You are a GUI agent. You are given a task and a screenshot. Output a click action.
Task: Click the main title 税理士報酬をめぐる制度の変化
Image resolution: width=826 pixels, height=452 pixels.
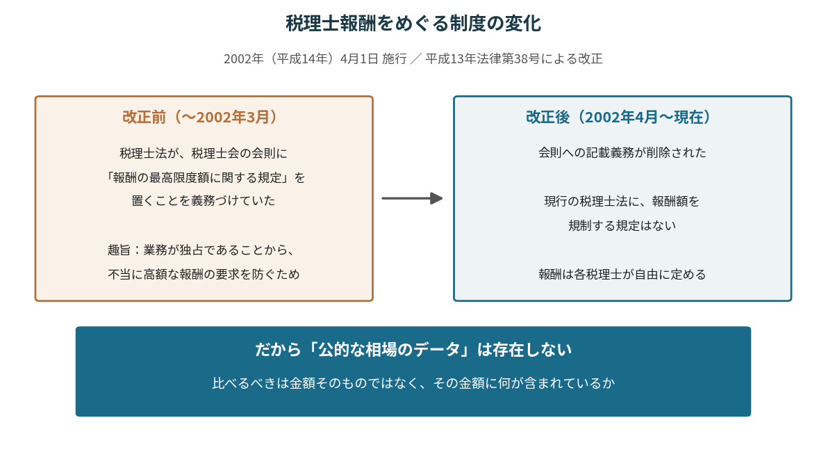coord(413,24)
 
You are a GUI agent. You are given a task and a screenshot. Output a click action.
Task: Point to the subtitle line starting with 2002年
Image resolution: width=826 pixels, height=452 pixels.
coord(413,58)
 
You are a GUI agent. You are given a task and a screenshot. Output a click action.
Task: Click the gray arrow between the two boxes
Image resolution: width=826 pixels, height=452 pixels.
coord(412,198)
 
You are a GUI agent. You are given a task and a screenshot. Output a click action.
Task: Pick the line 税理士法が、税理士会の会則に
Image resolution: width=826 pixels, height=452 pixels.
coord(204,154)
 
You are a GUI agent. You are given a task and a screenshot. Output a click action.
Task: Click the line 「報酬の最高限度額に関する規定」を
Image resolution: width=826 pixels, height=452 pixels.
coord(204,178)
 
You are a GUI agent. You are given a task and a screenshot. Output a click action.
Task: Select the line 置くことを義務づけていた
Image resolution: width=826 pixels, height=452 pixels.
coord(204,201)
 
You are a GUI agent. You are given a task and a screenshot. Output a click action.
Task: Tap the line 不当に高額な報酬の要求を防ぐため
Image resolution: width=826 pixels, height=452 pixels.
coord(204,274)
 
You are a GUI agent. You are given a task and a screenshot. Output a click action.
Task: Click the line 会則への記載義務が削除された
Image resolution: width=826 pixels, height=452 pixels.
coord(622,153)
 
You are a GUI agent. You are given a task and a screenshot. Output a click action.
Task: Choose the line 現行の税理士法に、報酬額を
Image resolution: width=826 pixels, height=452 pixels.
coord(622,202)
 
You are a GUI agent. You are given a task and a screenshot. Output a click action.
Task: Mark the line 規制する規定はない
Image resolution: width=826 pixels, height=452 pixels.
coord(622,226)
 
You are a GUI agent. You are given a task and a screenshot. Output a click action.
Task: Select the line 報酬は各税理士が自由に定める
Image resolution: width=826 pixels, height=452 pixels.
coord(622,274)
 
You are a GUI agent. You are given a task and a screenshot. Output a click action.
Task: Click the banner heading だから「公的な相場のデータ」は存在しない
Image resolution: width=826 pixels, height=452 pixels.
coord(413,350)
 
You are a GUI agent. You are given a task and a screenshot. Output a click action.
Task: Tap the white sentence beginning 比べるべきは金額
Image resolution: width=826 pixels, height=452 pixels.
coord(413,383)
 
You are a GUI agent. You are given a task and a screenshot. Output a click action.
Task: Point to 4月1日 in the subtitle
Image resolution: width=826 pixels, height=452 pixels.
coord(359,58)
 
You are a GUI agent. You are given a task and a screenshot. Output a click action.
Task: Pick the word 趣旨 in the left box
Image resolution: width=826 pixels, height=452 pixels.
coord(119,250)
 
